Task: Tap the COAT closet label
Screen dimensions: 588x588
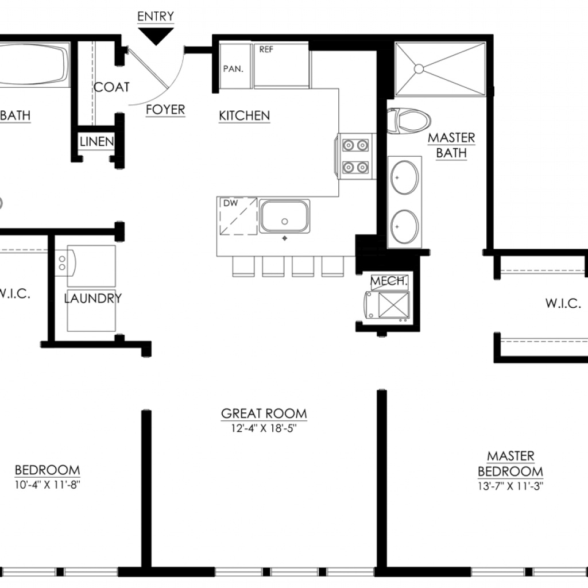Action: coord(111,87)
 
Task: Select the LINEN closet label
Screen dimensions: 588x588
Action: coord(96,141)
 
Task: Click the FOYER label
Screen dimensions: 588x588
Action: coord(165,110)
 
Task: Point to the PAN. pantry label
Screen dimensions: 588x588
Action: coord(233,69)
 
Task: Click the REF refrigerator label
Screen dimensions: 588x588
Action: coord(266,49)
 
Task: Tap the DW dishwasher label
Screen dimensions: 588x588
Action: coord(231,203)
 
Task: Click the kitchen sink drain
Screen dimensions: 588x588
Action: coord(285,222)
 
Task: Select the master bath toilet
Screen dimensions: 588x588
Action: coord(409,121)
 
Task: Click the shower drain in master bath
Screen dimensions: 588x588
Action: coord(419,69)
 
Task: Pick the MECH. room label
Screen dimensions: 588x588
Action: coord(389,281)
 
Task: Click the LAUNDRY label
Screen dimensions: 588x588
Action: coord(93,299)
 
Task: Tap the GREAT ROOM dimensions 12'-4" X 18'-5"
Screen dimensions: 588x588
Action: coord(264,428)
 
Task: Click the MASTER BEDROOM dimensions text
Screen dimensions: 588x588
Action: coord(510,486)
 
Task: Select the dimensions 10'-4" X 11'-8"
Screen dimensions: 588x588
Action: coord(48,485)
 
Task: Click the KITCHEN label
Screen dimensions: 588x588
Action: coord(245,115)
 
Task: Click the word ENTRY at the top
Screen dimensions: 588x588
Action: coord(156,17)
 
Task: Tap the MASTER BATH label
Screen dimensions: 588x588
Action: coord(451,145)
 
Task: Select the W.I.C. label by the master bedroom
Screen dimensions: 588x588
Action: coord(563,303)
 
